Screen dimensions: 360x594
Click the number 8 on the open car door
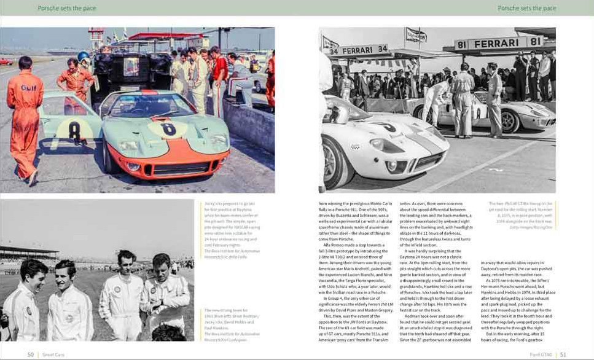click(x=74, y=130)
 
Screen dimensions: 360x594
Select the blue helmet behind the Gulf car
click(x=84, y=57)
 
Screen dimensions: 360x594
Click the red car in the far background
click(x=6, y=61)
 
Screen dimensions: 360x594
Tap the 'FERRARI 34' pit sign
click(x=359, y=50)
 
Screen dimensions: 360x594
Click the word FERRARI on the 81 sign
click(x=499, y=44)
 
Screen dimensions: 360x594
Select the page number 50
click(x=31, y=354)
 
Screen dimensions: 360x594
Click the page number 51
click(x=563, y=354)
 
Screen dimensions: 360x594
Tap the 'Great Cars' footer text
click(x=53, y=354)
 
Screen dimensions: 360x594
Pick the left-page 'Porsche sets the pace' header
click(x=67, y=8)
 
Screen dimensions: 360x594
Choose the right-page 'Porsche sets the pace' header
click(x=526, y=8)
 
